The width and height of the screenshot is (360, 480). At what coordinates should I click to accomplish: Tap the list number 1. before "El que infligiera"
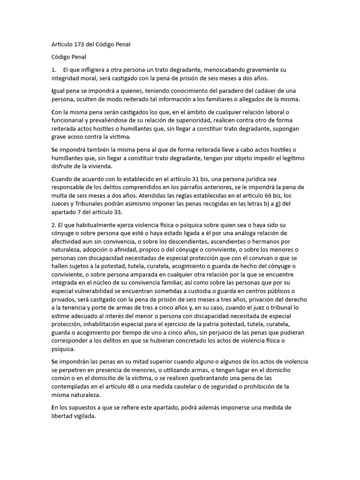pos(53,69)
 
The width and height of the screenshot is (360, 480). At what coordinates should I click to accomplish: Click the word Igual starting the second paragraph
pos(58,90)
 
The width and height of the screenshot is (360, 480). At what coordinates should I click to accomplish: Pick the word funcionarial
pos(67,121)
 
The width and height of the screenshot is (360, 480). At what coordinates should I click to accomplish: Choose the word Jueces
pos(61,203)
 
